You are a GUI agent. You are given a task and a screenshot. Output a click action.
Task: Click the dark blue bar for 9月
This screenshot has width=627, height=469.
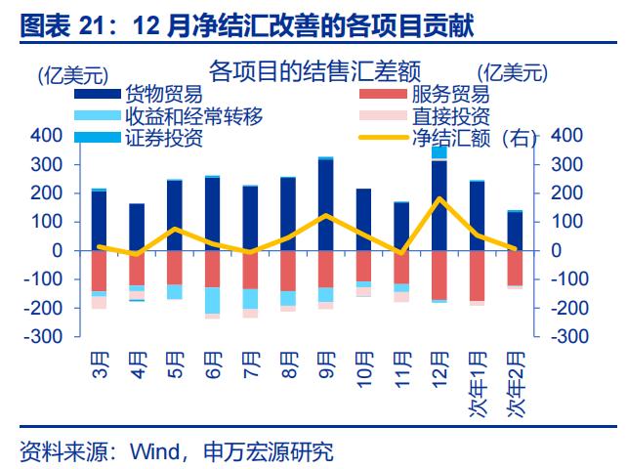point(325,204)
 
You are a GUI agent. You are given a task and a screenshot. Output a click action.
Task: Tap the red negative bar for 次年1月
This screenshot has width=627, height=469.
point(477,275)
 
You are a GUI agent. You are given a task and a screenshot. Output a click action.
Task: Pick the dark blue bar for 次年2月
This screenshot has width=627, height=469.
point(515,231)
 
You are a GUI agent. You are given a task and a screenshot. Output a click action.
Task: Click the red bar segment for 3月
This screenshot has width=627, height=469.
point(99,271)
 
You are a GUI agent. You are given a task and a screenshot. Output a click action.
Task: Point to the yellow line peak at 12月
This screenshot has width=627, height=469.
point(439,199)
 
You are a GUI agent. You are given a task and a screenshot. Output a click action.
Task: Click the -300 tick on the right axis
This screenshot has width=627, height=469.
point(573,337)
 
